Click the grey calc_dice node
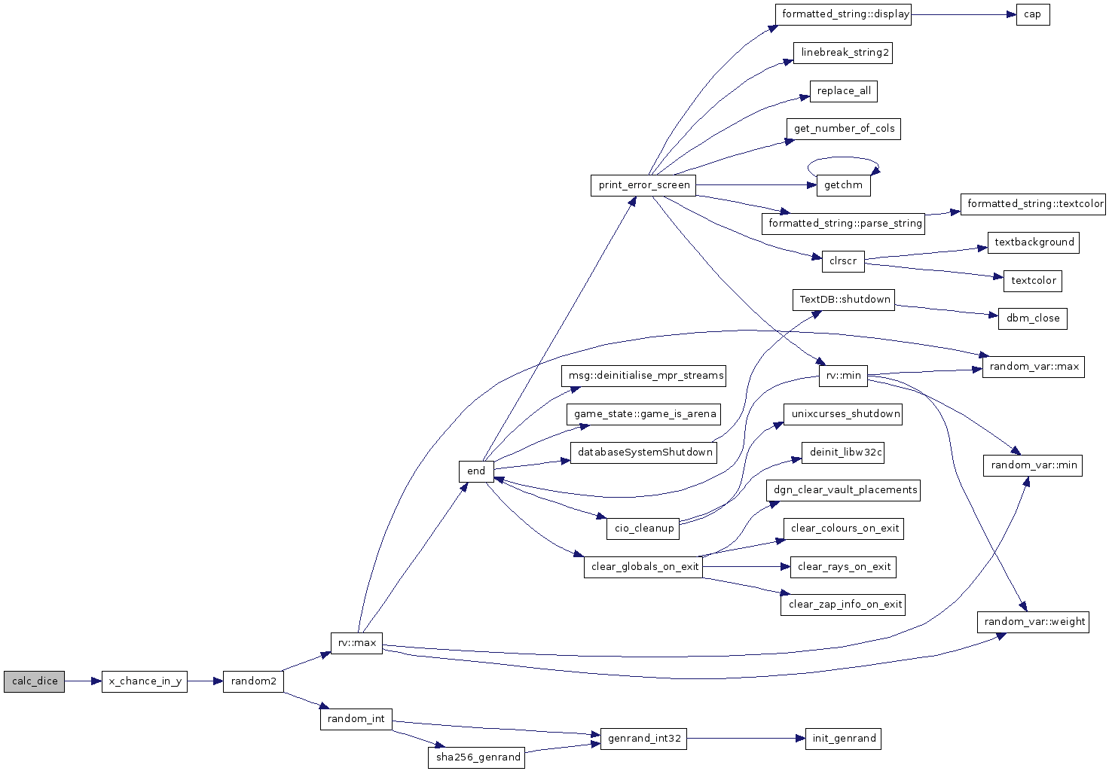[34, 681]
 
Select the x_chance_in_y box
[145, 681]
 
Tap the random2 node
[253, 681]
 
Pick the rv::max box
[356, 643]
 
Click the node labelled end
[476, 471]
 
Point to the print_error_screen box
[643, 185]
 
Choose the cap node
[1033, 14]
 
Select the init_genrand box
[843, 739]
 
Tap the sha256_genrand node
[476, 757]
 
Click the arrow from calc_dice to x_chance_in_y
[83, 681]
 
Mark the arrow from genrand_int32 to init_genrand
[746, 739]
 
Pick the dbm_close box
[1033, 318]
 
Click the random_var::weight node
[1033, 622]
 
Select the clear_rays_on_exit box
[843, 567]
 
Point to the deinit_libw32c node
[843, 453]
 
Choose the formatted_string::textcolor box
[1033, 204]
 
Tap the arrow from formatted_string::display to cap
[964, 15]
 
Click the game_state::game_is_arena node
[643, 414]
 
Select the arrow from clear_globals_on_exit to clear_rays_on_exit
[747, 567]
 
